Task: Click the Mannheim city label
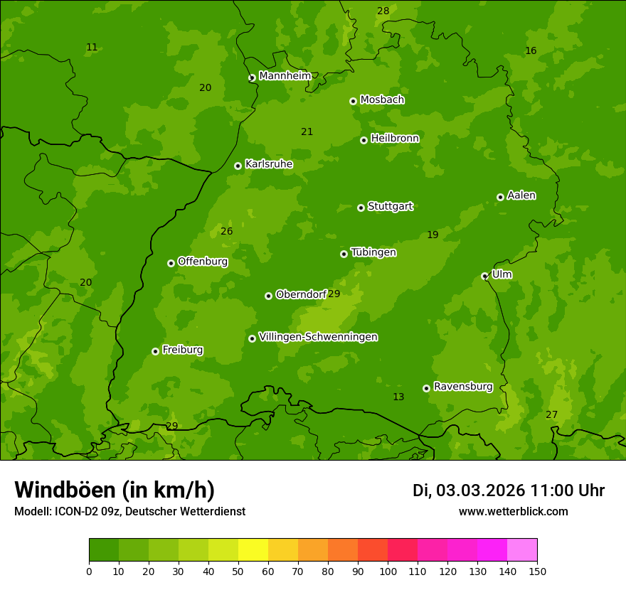click(285, 76)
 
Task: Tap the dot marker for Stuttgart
click(361, 208)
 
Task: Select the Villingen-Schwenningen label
click(318, 337)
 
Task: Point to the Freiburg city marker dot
click(155, 351)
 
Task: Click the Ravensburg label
click(462, 387)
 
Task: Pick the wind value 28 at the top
click(383, 11)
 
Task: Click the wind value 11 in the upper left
click(92, 48)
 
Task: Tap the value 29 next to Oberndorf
click(334, 294)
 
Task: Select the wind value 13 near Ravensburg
click(398, 397)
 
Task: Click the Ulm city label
click(502, 274)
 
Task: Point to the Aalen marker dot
click(500, 197)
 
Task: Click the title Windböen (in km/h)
click(114, 490)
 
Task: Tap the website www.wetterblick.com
click(513, 511)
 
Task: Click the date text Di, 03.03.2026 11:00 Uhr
click(508, 490)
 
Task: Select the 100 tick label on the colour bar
click(388, 571)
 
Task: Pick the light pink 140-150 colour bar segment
click(522, 550)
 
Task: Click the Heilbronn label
click(395, 139)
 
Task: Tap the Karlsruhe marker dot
click(238, 166)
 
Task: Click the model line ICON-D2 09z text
click(129, 511)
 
